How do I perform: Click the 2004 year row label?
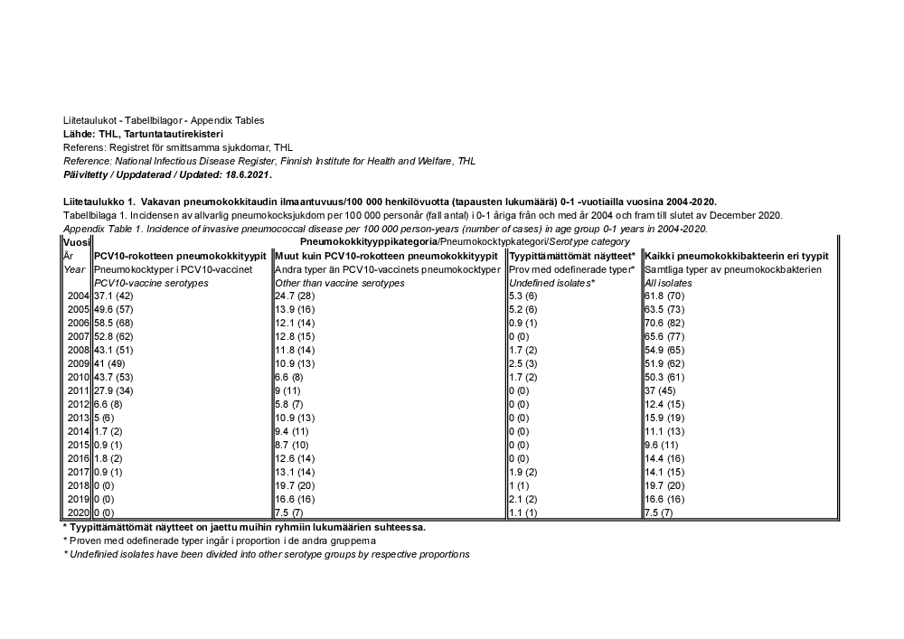(77, 296)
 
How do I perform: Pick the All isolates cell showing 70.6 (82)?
(665, 323)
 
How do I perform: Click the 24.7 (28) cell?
(295, 296)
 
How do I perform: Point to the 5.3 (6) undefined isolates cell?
(523, 296)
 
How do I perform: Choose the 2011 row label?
(77, 390)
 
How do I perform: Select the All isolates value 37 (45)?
(660, 390)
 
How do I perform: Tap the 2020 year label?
(77, 512)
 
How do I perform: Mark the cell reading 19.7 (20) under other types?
(295, 484)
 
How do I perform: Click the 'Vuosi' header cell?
(76, 242)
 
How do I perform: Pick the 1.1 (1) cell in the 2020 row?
(523, 512)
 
